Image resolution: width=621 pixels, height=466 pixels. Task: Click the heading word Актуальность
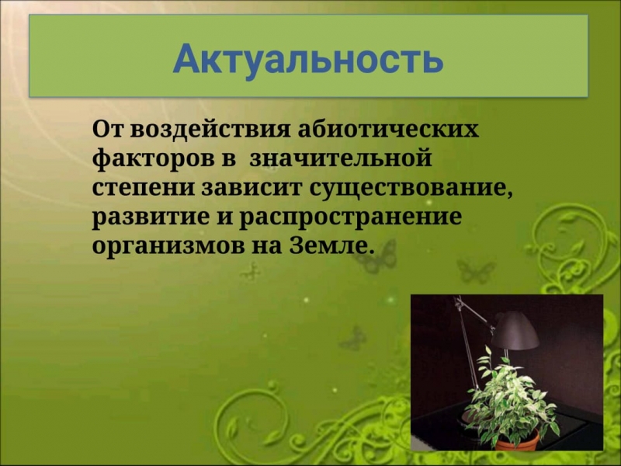[x=307, y=60]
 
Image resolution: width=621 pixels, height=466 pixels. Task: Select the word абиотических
[x=389, y=129]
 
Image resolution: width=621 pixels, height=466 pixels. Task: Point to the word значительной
[x=341, y=158]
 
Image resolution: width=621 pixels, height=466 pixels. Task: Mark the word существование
[x=411, y=189]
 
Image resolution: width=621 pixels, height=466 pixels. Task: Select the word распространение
[x=351, y=217]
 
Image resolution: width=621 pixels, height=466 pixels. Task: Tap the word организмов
[x=169, y=246]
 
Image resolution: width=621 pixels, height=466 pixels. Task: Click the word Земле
[x=332, y=245]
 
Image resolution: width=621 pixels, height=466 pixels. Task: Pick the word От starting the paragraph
[x=108, y=129]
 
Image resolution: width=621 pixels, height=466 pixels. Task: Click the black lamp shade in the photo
[x=515, y=332]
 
